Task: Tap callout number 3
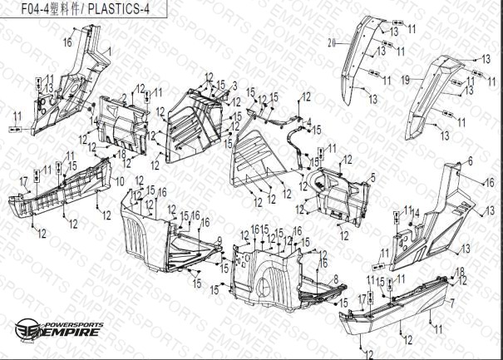(235, 86)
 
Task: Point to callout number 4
(309, 123)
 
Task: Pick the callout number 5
(373, 176)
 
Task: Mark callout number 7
(453, 303)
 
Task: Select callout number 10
(119, 180)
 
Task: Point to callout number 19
(407, 79)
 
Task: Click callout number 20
(330, 42)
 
